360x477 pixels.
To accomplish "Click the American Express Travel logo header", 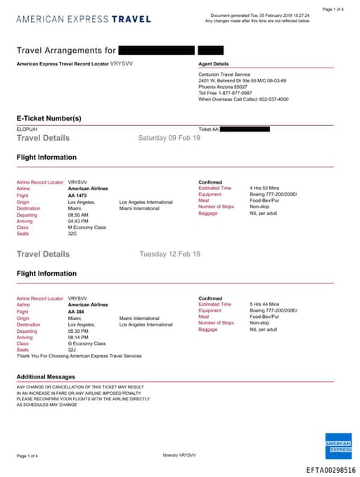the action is pos(83,18).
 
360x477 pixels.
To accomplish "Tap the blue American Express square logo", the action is pos(338,445).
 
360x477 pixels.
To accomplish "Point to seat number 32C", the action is pos(72,234).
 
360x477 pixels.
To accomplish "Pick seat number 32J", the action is pos(72,350).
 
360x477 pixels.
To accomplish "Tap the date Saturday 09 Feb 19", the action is pos(169,138).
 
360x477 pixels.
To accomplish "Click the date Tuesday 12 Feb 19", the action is pos(169,254).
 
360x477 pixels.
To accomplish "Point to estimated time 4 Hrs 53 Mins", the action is pos(264,189).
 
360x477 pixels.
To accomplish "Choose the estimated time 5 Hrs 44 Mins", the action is pos(264,304).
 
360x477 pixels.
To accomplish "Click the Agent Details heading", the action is pos(214,64).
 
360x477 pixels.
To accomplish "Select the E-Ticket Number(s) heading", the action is pos(49,118).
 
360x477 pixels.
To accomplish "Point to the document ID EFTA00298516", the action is pos(330,469).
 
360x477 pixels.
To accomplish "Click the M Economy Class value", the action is pos(86,228).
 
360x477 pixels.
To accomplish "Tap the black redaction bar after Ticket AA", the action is pos(245,129).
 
